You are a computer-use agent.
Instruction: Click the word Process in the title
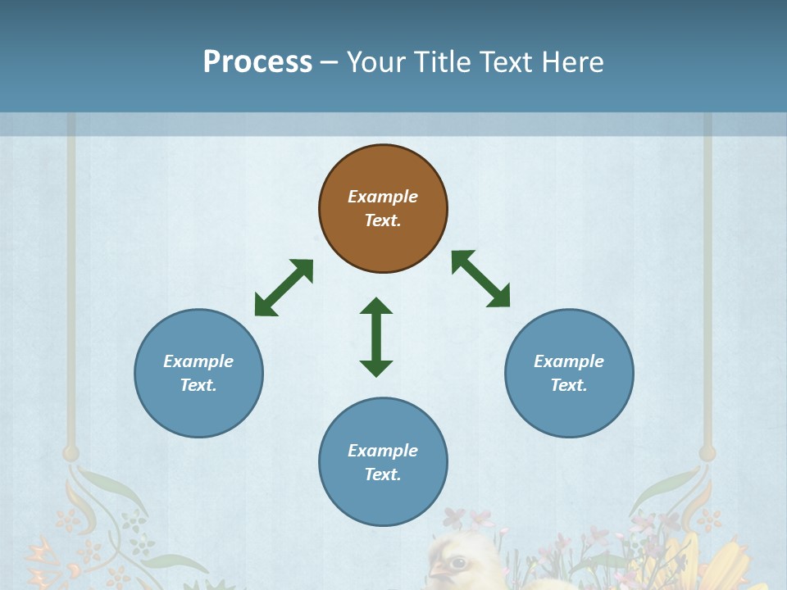257,62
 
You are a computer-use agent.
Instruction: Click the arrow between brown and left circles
284,288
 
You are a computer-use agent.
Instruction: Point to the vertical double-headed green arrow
376,337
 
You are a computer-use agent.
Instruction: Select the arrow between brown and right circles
481,279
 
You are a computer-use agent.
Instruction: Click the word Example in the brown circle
383,197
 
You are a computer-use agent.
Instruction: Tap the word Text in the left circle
198,385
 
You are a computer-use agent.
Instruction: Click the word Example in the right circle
569,361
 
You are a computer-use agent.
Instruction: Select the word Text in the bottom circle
382,474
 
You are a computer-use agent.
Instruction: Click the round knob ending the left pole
71,452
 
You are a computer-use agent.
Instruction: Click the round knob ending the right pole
707,452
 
